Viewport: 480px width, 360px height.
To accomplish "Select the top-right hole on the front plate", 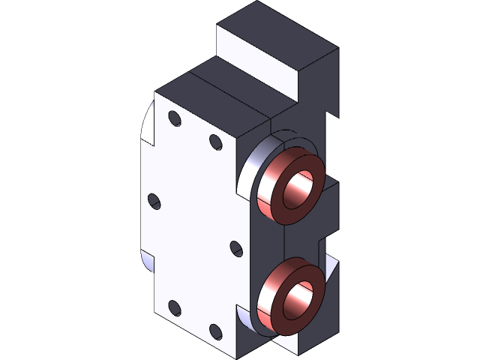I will tap(215, 142).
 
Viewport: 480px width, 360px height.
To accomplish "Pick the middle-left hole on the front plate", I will tap(154, 201).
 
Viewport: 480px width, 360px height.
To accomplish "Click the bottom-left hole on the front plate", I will tap(174, 307).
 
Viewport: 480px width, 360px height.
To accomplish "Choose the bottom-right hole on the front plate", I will tap(215, 330).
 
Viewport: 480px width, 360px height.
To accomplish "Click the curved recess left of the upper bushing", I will tap(251, 169).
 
